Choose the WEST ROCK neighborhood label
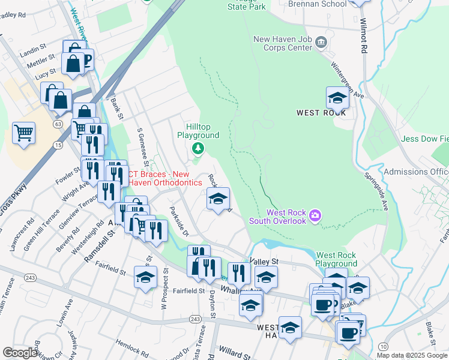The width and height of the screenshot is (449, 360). (x=321, y=112)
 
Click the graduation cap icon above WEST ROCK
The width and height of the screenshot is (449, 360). (x=337, y=97)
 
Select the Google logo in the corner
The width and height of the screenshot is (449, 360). (x=20, y=353)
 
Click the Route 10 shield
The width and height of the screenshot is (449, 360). (x=383, y=346)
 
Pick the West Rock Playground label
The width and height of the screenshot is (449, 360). (x=336, y=259)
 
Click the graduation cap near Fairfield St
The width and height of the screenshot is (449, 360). (x=145, y=278)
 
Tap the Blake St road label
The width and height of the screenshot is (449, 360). (x=430, y=328)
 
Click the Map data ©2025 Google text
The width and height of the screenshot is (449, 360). (x=412, y=355)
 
